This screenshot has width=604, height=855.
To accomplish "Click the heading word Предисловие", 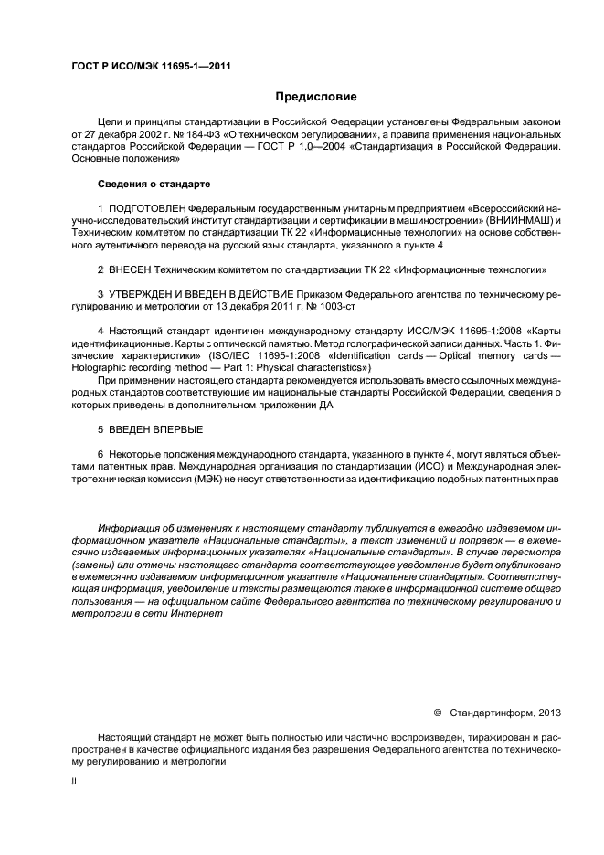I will pos(316,96).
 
